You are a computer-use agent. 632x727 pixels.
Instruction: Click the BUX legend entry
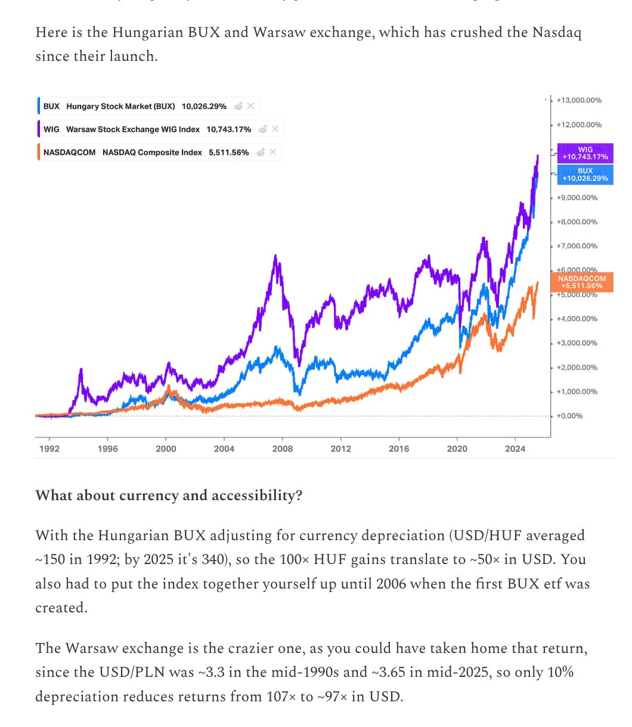pos(134,106)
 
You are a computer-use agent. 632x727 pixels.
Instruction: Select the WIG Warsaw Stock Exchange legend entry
pos(147,129)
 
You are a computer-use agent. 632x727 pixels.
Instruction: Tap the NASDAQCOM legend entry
pos(145,152)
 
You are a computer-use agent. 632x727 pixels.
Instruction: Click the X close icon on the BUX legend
pos(250,106)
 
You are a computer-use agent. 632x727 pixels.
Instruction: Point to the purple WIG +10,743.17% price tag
pos(585,153)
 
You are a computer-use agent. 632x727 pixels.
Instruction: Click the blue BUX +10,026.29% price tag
pos(585,174)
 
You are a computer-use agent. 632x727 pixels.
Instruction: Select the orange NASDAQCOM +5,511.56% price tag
pos(582,282)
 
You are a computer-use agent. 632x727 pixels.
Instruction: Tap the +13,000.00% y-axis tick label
pos(578,100)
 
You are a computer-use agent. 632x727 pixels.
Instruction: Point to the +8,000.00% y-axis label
pos(577,221)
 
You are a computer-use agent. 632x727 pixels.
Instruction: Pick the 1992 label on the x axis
pos(49,449)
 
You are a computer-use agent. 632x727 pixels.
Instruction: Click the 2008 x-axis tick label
pos(283,449)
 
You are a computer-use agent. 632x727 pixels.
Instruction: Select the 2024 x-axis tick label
pos(515,449)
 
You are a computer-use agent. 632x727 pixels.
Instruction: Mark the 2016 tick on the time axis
pos(399,449)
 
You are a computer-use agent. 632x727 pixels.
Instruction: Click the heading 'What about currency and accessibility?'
pos(169,495)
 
